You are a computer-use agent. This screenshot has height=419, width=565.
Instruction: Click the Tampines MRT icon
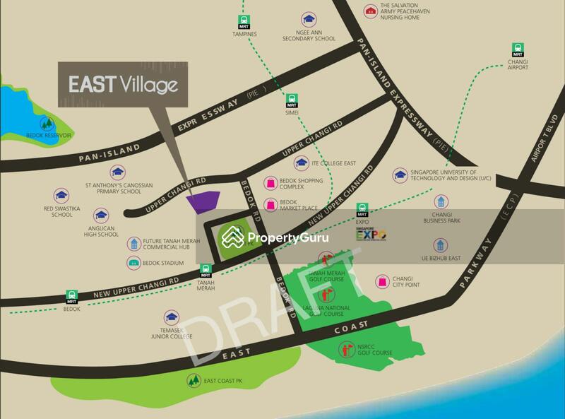244,21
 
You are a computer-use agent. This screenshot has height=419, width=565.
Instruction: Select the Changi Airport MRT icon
518,49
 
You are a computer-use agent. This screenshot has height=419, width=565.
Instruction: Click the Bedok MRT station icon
71,296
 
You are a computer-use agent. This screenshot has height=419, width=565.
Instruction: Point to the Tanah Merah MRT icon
206,271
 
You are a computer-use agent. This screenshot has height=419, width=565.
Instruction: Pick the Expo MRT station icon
362,209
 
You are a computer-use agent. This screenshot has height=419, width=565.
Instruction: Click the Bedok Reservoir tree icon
47,122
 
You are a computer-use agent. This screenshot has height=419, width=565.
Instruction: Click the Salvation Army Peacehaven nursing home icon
370,11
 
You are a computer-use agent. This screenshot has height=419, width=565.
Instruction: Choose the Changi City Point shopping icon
382,281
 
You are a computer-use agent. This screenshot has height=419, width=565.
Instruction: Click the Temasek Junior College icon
171,317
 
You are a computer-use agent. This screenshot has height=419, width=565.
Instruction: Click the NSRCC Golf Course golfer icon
345,348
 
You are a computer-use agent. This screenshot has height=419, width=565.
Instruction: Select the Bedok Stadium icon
133,263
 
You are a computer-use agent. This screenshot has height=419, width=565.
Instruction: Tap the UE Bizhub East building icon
441,245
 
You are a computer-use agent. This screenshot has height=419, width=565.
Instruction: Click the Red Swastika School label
58,211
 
